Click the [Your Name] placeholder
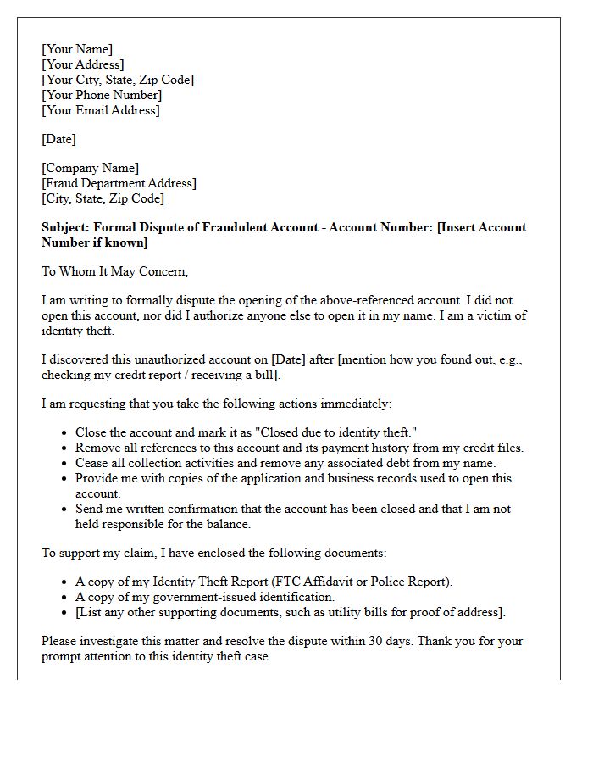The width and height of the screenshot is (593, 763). (x=77, y=49)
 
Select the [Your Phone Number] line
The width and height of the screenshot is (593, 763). (x=102, y=95)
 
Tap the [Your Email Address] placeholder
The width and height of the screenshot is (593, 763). (x=101, y=110)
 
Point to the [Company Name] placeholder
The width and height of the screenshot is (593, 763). (x=91, y=168)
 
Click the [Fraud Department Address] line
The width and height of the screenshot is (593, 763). (x=119, y=183)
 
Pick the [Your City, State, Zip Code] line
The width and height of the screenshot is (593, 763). (x=118, y=80)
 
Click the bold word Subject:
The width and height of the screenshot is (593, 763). (x=65, y=227)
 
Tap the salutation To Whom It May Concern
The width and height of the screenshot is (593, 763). (x=114, y=271)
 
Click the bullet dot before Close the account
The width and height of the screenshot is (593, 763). (x=65, y=433)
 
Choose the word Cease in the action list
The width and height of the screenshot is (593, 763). (x=91, y=463)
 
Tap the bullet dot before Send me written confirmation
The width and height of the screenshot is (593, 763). (x=65, y=510)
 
